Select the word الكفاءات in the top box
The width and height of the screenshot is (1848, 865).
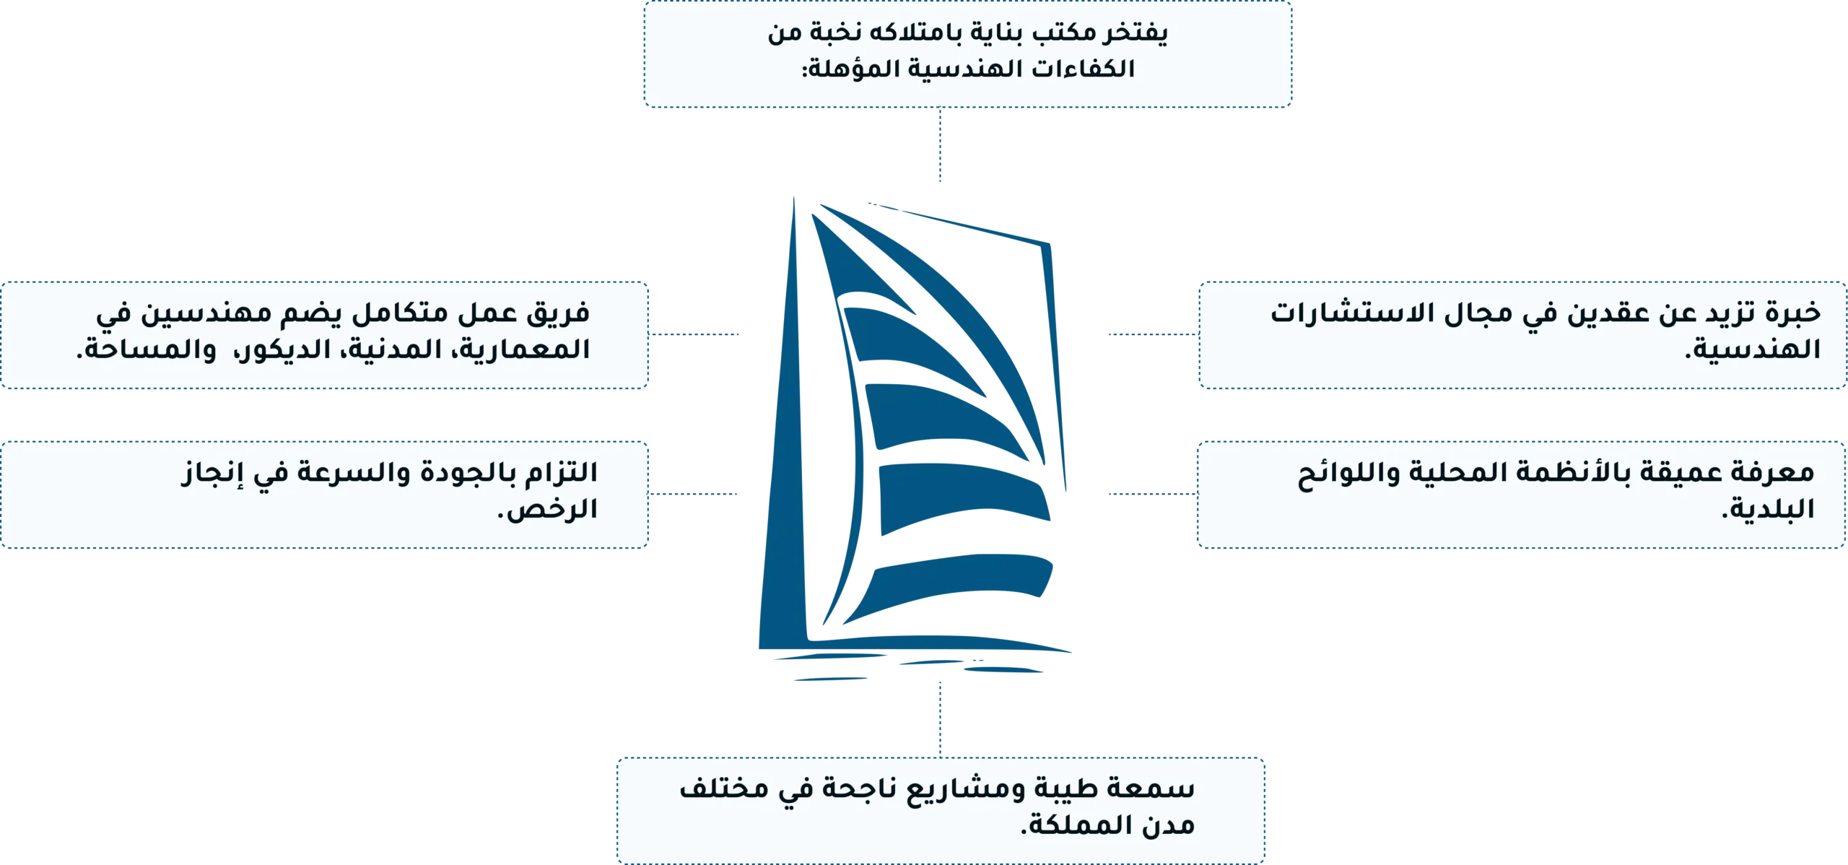[1083, 69]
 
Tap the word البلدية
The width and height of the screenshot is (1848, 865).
[1769, 509]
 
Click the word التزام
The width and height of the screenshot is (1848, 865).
[562, 473]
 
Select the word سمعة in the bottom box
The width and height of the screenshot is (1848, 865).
[1158, 788]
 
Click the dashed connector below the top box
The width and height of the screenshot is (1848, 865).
[940, 144]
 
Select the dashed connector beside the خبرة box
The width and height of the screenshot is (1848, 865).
[1154, 334]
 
